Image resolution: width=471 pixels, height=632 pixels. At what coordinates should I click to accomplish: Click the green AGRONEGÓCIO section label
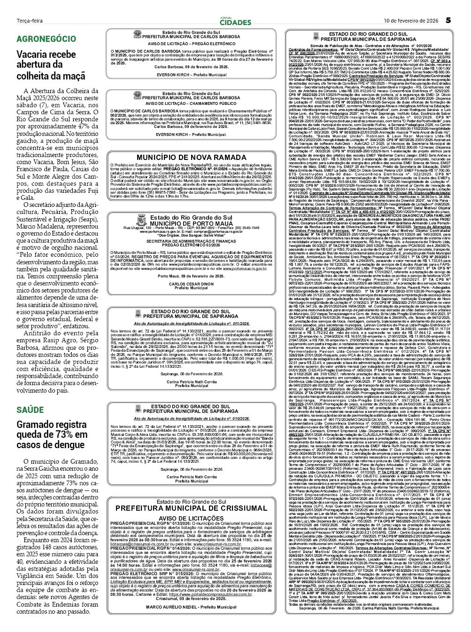tap(46, 39)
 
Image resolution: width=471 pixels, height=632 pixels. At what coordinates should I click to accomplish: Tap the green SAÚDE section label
tap(30, 410)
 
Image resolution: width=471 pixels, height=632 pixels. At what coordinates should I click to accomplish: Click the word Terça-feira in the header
tap(29, 21)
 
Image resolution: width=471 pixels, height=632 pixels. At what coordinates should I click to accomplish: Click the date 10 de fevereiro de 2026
tap(410, 21)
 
